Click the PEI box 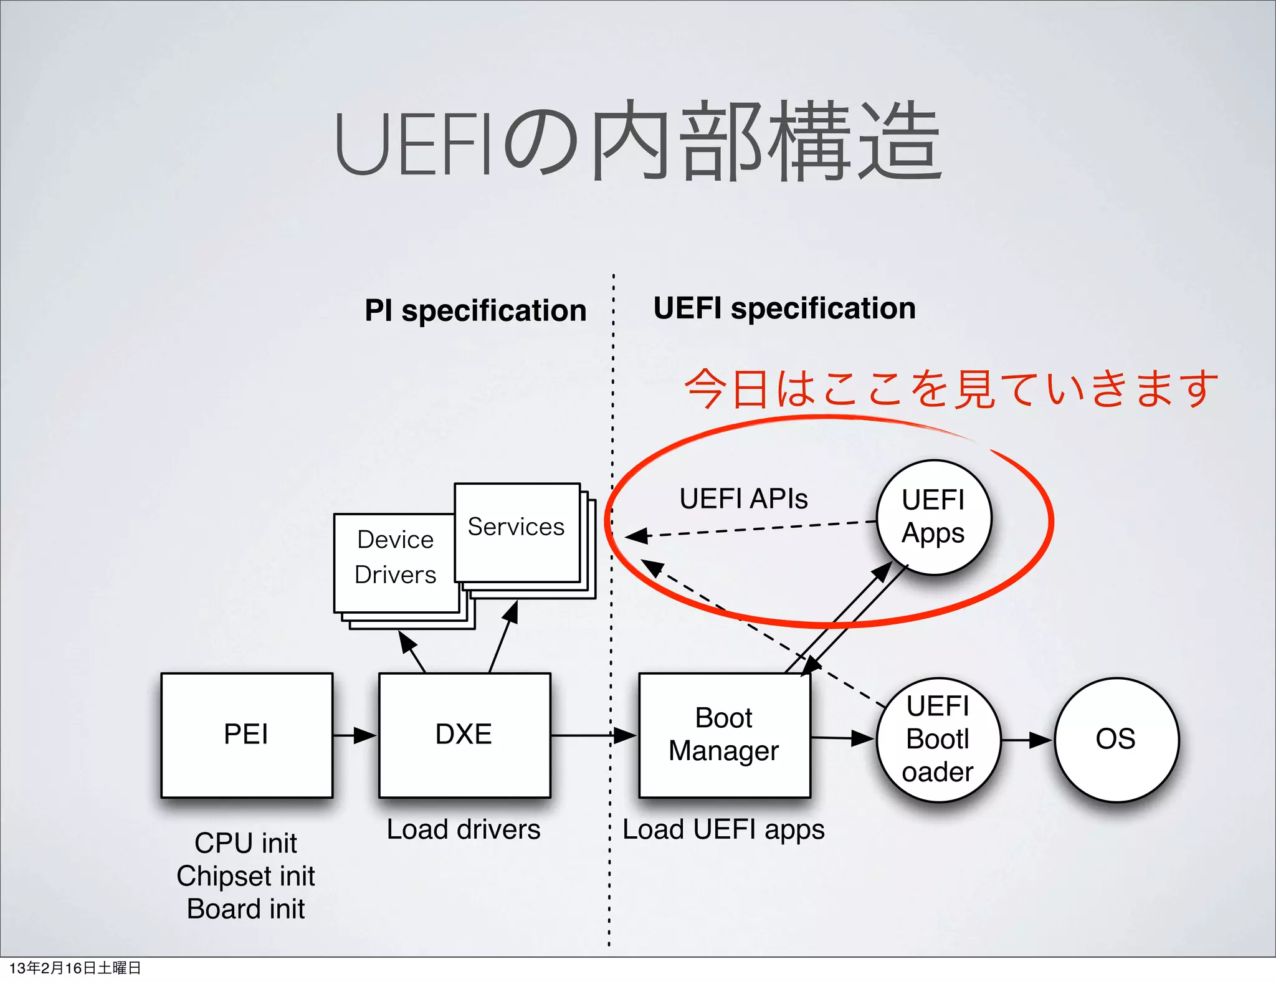[247, 735]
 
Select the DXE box [464, 735]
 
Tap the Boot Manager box [724, 735]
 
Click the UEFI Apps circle [933, 517]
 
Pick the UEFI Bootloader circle [938, 740]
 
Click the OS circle [1116, 740]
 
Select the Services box [517, 533]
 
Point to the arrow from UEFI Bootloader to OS [1027, 740]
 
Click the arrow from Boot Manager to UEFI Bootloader [842, 738]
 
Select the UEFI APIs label [743, 498]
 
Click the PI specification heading [475, 310]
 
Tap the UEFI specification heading [784, 308]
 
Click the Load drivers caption [464, 829]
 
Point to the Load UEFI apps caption [723, 829]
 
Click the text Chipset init [245, 876]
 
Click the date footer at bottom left [75, 968]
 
